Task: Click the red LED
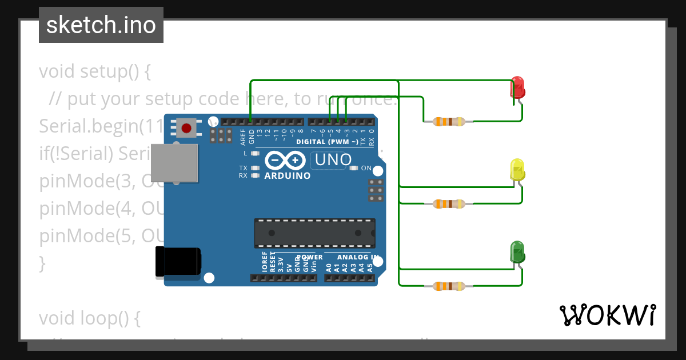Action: pyautogui.click(x=517, y=87)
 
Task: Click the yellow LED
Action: pyautogui.click(x=517, y=170)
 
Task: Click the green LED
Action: pyautogui.click(x=517, y=252)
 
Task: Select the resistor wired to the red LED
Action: pyautogui.click(x=449, y=121)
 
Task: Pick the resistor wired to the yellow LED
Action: pyautogui.click(x=449, y=203)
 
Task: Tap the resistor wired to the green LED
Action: pyautogui.click(x=449, y=286)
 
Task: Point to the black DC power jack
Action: pyautogui.click(x=178, y=262)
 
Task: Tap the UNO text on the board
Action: pyautogui.click(x=333, y=159)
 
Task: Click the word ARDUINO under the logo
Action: pyautogui.click(x=288, y=176)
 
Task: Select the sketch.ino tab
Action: pyautogui.click(x=101, y=25)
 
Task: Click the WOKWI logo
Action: pyautogui.click(x=607, y=315)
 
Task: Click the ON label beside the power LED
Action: pyautogui.click(x=366, y=169)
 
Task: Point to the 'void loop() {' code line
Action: pyautogui.click(x=89, y=318)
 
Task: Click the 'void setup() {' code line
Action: pyautogui.click(x=94, y=71)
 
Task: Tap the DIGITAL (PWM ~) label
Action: pyautogui.click(x=327, y=142)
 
